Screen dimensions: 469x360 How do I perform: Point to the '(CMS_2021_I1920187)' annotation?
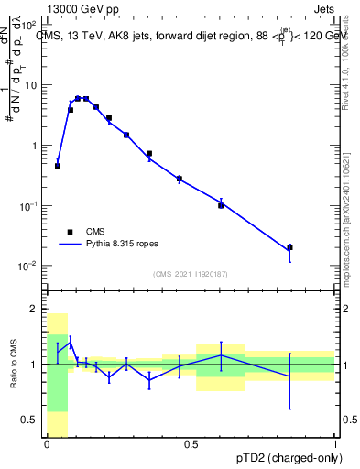coord(190,274)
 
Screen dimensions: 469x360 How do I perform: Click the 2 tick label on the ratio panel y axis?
coord(33,310)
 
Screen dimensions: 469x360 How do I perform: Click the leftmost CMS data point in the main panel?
coord(58,166)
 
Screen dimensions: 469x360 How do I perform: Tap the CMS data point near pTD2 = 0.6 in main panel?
coord(221,205)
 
